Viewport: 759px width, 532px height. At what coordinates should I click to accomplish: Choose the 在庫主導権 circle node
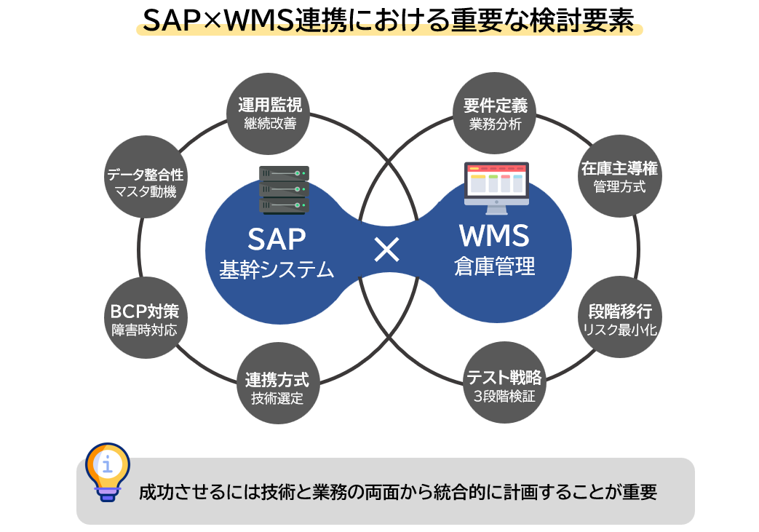tap(619, 177)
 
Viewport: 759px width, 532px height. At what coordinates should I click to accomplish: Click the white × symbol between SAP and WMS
tap(386, 250)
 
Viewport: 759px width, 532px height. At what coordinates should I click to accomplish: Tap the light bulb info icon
tap(108, 471)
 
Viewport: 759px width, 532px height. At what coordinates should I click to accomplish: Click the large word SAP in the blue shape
tap(277, 239)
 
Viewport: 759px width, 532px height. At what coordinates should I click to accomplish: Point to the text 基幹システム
tap(277, 269)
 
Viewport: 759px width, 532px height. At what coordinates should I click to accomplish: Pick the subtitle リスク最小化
tap(619, 330)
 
